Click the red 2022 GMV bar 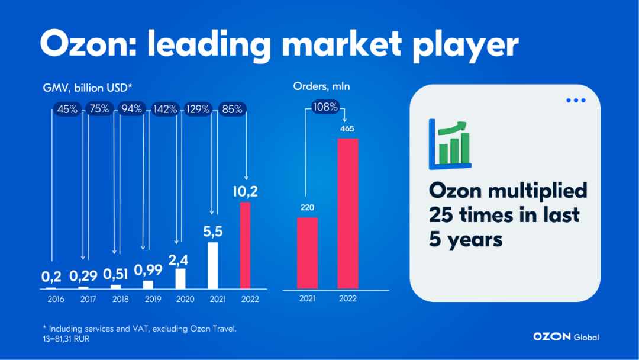tap(245, 246)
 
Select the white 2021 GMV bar tap(213, 265)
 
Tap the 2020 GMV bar tap(180, 278)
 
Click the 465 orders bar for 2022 tap(348, 214)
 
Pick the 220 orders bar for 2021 tap(307, 253)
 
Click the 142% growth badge tap(165, 110)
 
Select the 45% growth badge tap(67, 110)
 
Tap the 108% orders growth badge tap(325, 107)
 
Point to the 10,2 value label tap(246, 191)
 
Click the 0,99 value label tap(149, 269)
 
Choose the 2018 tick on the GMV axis tap(121, 299)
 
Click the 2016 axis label tap(56, 299)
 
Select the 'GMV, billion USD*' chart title tap(88, 88)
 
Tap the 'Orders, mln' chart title tap(321, 86)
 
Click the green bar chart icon tap(450, 144)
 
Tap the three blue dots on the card tap(576, 100)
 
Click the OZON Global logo tap(566, 337)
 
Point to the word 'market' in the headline tap(341, 44)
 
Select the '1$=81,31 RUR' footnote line tap(66, 339)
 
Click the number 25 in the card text tap(441, 215)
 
